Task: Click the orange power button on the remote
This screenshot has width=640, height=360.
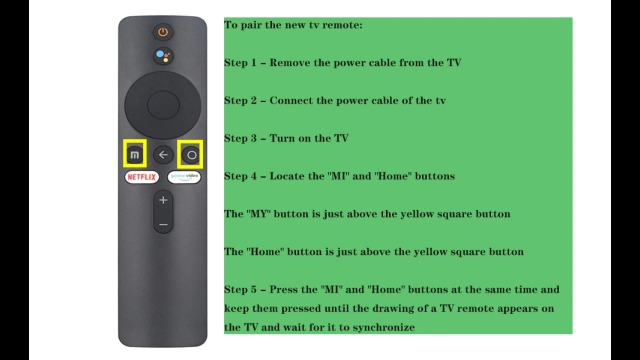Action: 163,32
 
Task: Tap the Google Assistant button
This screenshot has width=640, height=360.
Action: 163,56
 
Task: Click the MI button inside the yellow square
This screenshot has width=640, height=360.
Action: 135,155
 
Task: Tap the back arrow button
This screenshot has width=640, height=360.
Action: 163,155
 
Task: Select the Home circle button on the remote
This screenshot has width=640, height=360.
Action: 191,155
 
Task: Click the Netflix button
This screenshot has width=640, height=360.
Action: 142,177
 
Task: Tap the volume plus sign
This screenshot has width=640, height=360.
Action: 163,200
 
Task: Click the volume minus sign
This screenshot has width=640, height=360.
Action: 163,224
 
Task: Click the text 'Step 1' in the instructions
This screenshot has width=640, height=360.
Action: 240,63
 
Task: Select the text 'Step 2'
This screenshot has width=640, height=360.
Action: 240,101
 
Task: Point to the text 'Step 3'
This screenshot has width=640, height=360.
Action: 240,138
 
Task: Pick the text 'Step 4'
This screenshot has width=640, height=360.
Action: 240,176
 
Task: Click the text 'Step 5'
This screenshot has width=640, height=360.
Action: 240,290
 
